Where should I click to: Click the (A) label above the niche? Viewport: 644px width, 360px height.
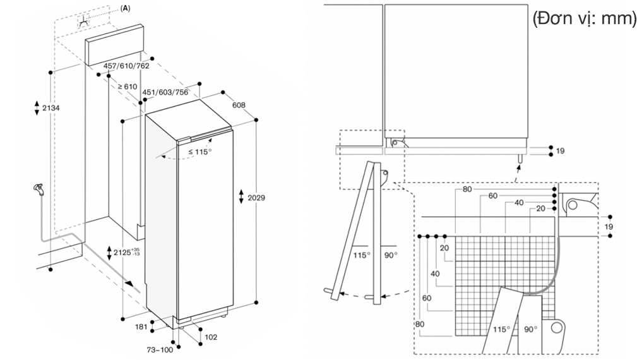click(125, 8)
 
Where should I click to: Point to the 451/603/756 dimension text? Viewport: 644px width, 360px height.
click(166, 92)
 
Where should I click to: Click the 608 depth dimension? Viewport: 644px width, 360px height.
click(238, 105)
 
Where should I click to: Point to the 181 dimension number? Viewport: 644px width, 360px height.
click(141, 327)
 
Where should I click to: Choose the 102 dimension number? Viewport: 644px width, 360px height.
click(211, 337)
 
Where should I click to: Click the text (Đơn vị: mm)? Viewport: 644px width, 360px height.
click(584, 20)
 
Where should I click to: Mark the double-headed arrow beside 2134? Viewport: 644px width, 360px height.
click(37, 107)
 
